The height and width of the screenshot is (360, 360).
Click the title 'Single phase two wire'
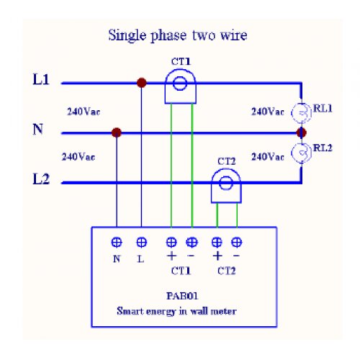click(178, 35)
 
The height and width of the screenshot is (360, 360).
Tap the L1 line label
click(41, 79)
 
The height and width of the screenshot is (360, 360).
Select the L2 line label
click(41, 179)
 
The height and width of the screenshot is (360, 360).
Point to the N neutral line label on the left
click(38, 129)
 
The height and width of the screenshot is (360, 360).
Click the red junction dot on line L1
click(142, 83)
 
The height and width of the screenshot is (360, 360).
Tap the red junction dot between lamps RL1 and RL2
click(302, 132)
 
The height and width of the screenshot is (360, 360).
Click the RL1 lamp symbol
click(302, 113)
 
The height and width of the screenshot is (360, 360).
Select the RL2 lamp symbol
click(302, 153)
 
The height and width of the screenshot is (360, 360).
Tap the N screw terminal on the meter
click(117, 242)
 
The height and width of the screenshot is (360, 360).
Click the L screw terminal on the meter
click(142, 242)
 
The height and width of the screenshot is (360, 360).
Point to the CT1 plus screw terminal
click(171, 242)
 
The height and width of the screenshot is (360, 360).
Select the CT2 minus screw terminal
click(237, 242)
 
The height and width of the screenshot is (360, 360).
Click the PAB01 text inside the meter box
click(182, 296)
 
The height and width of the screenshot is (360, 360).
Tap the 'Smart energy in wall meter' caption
click(176, 311)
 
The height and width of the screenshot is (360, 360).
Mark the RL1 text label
click(323, 109)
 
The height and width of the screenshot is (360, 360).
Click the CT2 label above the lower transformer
click(227, 161)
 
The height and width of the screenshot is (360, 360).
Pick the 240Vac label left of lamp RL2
click(268, 157)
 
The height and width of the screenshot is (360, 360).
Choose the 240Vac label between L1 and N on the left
click(84, 112)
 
